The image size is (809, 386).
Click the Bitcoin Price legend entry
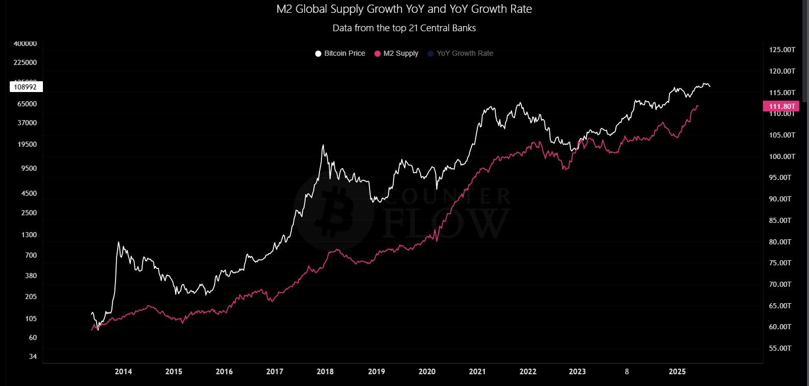(340, 53)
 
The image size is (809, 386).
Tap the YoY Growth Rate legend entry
(460, 53)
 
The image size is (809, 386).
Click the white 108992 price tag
(26, 87)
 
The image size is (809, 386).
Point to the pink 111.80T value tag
(780, 106)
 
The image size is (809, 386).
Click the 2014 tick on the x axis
(123, 372)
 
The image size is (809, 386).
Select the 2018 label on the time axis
(325, 372)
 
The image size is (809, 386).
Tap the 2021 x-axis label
(477, 372)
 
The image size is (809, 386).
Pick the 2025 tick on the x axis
(677, 372)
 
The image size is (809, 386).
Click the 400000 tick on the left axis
(25, 44)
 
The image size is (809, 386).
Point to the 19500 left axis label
(27, 144)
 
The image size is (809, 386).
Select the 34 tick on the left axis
(33, 356)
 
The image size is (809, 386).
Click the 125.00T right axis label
(782, 50)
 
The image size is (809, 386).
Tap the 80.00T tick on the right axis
(780, 242)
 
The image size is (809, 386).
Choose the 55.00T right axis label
(780, 348)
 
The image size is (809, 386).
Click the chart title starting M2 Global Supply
(404, 9)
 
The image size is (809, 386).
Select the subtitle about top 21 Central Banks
(404, 28)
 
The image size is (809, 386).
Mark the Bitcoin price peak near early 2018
(323, 145)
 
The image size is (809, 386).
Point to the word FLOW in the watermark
(446, 222)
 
